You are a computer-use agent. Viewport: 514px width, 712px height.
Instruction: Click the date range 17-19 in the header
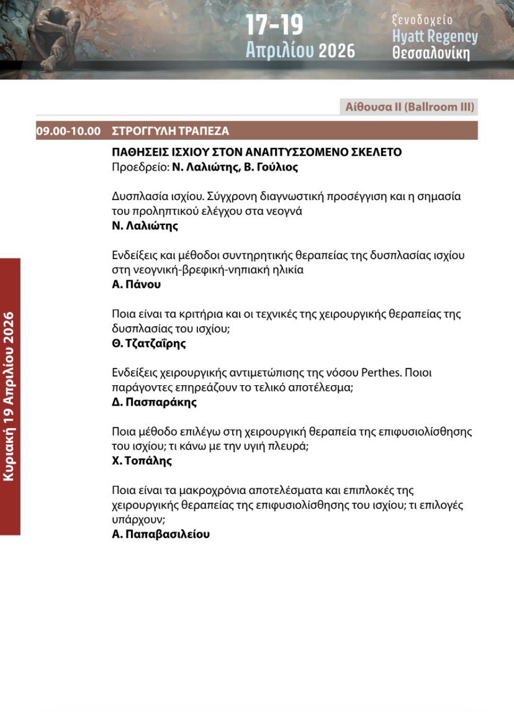click(274, 25)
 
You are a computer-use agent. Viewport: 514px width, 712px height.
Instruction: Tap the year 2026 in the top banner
click(336, 50)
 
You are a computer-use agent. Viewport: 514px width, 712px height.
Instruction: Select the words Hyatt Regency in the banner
click(435, 37)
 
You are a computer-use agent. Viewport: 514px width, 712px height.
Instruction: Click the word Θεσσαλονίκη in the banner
click(431, 54)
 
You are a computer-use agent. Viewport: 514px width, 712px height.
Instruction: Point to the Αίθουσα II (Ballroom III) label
click(410, 107)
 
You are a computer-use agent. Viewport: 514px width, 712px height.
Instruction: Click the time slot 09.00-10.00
click(68, 131)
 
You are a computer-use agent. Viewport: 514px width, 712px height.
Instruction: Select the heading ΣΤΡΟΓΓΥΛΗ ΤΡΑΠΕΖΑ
click(170, 131)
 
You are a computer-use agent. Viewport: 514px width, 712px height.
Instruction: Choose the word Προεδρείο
click(140, 167)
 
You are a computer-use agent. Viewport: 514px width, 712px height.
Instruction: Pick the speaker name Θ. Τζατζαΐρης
click(149, 344)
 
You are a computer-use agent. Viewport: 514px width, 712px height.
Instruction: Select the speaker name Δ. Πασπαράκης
click(154, 402)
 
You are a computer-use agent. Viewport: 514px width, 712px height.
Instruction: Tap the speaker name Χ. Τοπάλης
click(142, 461)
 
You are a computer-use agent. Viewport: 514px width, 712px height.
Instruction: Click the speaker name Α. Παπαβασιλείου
click(161, 534)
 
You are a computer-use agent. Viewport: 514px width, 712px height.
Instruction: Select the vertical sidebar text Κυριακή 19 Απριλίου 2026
click(9, 396)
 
